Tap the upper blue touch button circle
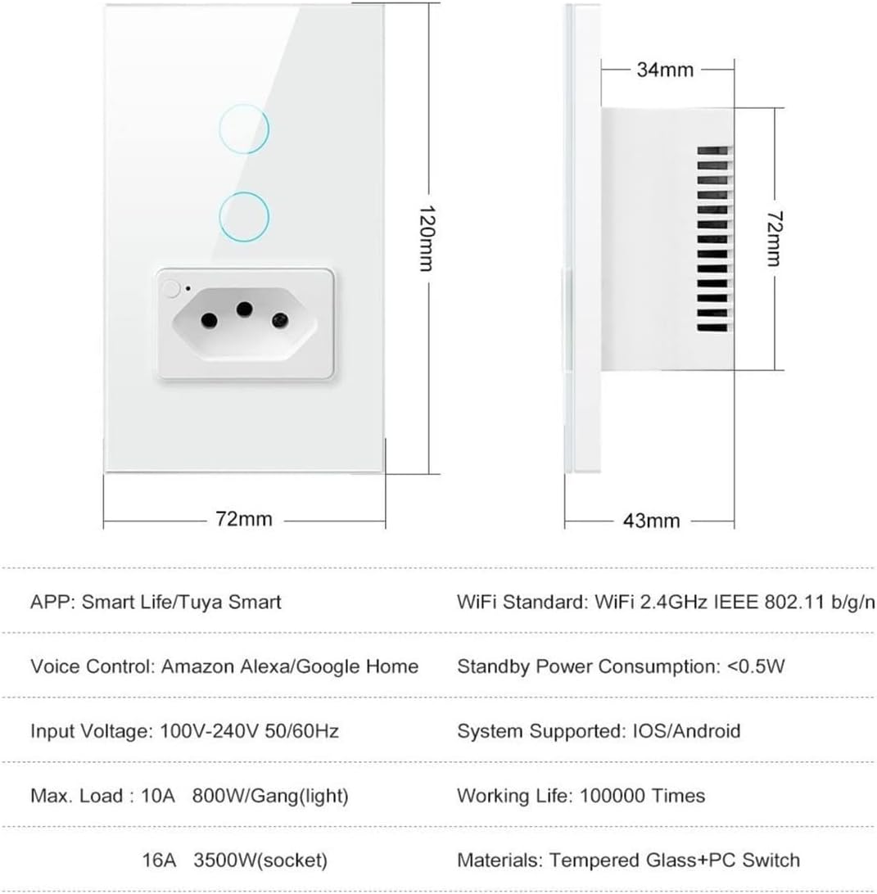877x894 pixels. (x=243, y=104)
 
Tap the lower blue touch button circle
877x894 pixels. (x=243, y=192)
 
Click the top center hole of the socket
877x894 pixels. (x=245, y=309)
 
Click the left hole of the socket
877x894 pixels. (x=210, y=321)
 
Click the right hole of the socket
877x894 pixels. (x=279, y=320)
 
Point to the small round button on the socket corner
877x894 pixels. (x=170, y=289)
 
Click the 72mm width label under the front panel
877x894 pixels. (x=244, y=519)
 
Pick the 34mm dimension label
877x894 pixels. (x=666, y=70)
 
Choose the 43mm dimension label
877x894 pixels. (x=652, y=521)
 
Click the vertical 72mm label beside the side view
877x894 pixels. (x=773, y=238)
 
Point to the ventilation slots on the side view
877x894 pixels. (x=712, y=239)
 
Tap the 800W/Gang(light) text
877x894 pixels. (x=270, y=796)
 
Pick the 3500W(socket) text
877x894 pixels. (x=260, y=860)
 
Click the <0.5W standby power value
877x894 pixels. (x=756, y=666)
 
